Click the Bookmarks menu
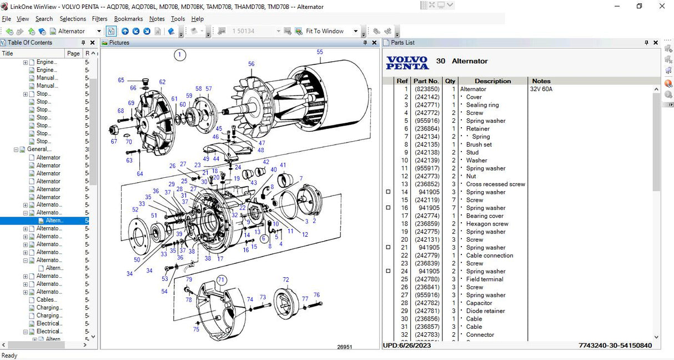[128, 19]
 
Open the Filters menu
[99, 19]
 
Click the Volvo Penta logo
[408, 62]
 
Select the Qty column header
[450, 81]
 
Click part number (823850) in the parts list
[427, 89]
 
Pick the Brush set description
[479, 144]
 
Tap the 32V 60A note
[541, 89]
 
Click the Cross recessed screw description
[495, 184]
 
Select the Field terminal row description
[484, 279]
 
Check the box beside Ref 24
[388, 271]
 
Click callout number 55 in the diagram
[320, 52]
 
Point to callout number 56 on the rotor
[251, 64]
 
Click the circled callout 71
[222, 280]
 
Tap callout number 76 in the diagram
[316, 295]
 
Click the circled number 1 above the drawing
[179, 54]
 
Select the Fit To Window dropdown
[331, 31]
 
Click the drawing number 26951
[345, 347]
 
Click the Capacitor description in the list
[479, 303]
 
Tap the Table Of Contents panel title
[30, 43]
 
